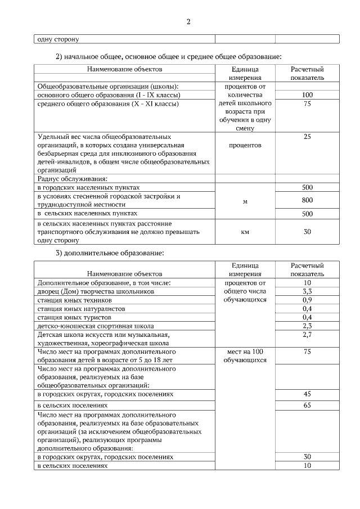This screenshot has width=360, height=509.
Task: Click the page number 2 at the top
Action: [x=188, y=22]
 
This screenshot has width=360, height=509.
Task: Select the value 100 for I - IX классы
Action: [x=307, y=95]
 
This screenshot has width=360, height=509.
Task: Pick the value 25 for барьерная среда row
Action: [x=307, y=137]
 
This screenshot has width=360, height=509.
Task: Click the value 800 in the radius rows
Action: [x=307, y=200]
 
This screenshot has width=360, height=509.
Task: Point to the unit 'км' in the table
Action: [x=245, y=231]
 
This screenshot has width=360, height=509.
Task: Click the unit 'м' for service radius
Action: [x=245, y=202]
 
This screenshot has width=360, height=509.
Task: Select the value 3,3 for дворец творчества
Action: [x=307, y=291]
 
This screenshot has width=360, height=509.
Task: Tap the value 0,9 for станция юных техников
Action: [x=307, y=300]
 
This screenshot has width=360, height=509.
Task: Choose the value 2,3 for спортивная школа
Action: [x=307, y=326]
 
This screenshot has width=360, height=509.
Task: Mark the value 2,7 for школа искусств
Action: [x=307, y=335]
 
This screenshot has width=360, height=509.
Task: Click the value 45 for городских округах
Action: [x=307, y=394]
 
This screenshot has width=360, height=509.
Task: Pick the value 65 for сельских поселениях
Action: [x=307, y=405]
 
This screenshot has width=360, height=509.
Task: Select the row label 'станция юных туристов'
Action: [x=74, y=317]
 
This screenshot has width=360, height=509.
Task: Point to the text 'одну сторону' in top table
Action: [x=58, y=39]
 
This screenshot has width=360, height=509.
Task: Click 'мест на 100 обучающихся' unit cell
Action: [x=245, y=355]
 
